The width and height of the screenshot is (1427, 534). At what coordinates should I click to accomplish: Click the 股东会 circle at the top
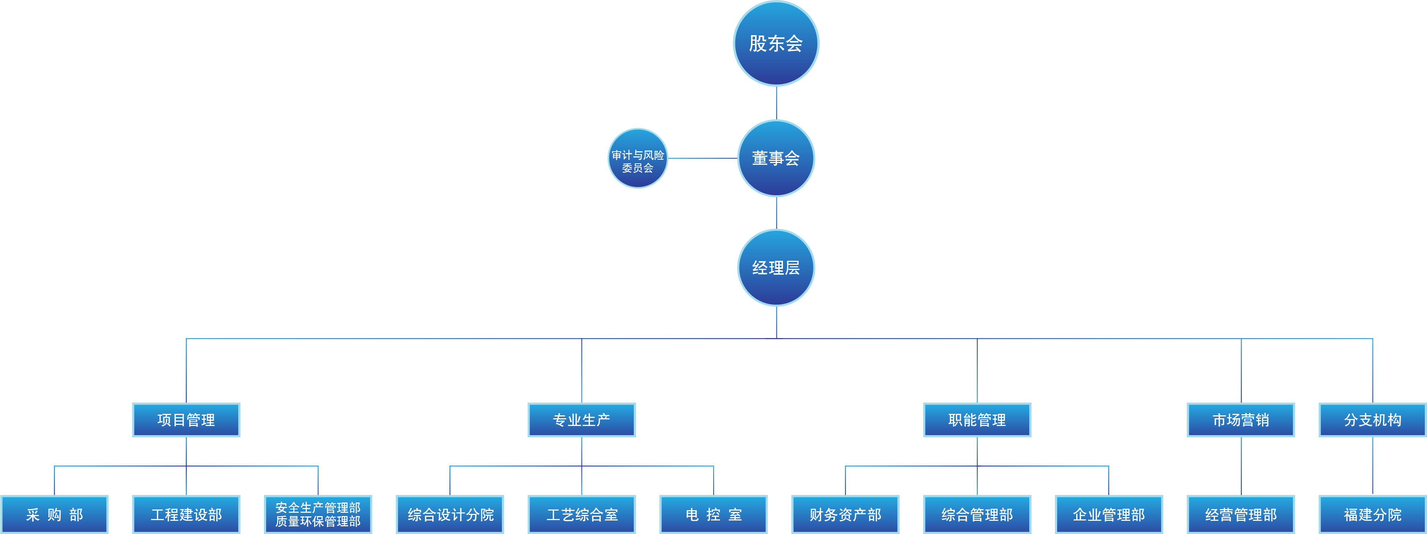point(776,43)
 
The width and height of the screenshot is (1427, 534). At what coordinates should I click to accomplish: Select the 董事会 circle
point(776,158)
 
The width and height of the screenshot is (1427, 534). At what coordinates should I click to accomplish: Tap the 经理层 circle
point(776,268)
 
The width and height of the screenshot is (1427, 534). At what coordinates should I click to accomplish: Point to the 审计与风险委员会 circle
point(637,158)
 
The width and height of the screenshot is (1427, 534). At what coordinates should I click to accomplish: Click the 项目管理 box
point(186,420)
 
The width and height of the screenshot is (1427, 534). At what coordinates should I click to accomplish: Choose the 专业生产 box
point(582,420)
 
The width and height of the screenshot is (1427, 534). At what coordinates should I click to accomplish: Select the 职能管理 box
point(977,420)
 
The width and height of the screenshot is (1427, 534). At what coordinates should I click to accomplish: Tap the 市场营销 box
point(1241,420)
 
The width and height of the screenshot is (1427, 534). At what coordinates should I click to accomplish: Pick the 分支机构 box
point(1373,420)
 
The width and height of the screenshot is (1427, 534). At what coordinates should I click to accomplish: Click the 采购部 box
point(54,515)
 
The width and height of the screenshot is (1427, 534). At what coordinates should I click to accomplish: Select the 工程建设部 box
point(186,515)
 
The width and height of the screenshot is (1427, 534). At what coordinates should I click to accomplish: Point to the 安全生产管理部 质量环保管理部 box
point(318,515)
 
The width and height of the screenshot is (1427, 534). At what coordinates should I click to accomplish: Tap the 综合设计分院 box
point(450,515)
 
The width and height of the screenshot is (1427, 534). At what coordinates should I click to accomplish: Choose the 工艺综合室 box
point(582,515)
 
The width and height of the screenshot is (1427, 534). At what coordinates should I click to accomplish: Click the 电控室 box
point(713,515)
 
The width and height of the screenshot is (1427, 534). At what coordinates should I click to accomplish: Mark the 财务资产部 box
point(845,515)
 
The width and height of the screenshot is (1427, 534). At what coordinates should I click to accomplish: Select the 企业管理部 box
point(1109,515)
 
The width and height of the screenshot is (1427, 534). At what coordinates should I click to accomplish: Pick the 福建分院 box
point(1373,515)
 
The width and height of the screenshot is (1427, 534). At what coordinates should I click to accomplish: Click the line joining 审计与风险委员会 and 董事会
point(702,158)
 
